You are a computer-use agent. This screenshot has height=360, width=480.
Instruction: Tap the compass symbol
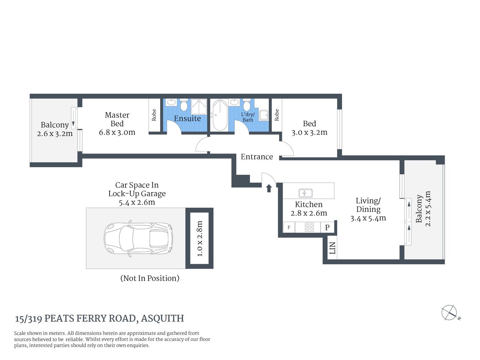pyautogui.click(x=449, y=313)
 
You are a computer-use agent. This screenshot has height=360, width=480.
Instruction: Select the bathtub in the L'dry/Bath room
pyautogui.click(x=220, y=115)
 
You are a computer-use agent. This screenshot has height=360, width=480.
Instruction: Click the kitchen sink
pyautogui.click(x=305, y=193)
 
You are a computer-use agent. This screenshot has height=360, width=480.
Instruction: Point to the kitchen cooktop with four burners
pyautogui.click(x=309, y=227)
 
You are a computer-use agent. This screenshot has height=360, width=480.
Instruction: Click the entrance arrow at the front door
pyautogui.click(x=269, y=188)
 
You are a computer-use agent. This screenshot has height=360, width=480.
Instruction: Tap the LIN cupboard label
pyautogui.click(x=332, y=248)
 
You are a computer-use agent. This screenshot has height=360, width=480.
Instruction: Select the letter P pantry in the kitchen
pyautogui.click(x=327, y=227)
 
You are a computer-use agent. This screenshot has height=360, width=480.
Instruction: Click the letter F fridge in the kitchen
pyautogui.click(x=289, y=227)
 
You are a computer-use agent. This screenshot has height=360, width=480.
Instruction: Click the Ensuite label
pyautogui.click(x=187, y=118)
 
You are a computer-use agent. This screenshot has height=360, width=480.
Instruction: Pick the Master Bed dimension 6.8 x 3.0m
pyautogui.click(x=117, y=132)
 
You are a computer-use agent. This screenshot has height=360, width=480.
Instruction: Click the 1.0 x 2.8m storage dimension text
pyautogui.click(x=199, y=238)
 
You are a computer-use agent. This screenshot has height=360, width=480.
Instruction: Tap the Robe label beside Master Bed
pyautogui.click(x=154, y=115)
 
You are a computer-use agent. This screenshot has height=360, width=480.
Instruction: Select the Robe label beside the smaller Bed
pyautogui.click(x=277, y=115)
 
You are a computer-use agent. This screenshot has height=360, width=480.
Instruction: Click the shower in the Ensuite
pyautogui.click(x=199, y=106)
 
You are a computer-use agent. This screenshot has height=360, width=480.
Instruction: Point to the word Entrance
pyautogui.click(x=256, y=157)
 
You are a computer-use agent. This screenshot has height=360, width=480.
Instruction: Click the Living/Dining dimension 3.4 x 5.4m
pyautogui.click(x=368, y=218)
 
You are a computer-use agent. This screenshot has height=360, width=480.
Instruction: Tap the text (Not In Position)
pyautogui.click(x=150, y=278)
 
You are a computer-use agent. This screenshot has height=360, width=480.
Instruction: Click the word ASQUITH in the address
pyautogui.click(x=162, y=318)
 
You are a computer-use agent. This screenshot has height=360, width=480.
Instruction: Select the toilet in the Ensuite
pyautogui.click(x=184, y=105)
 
